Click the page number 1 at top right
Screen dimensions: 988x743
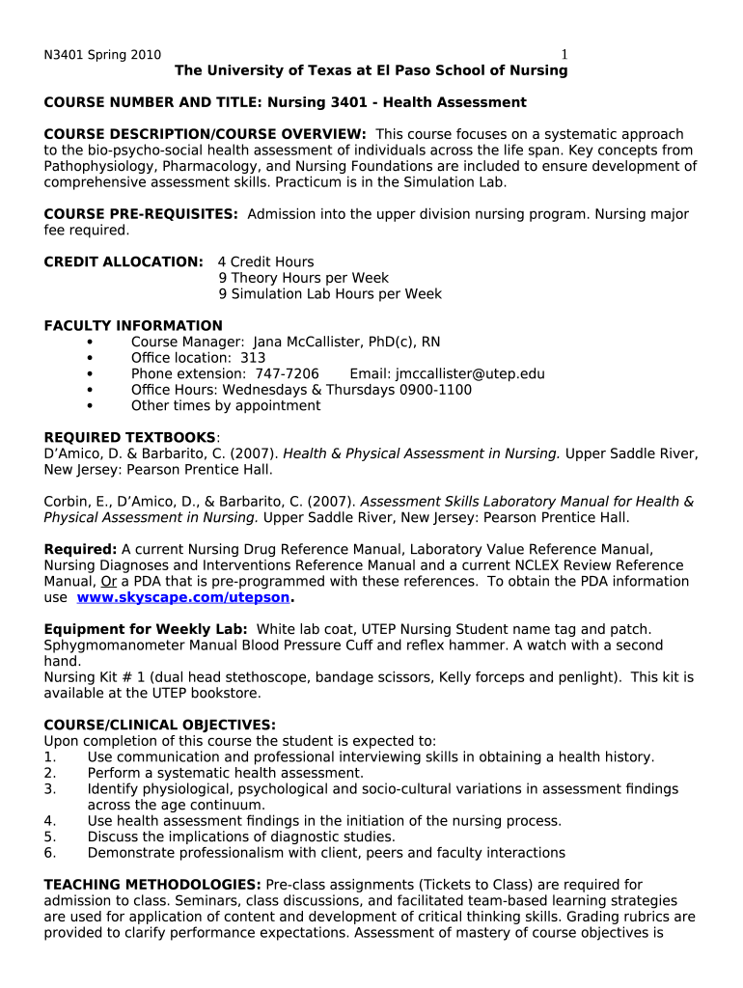point(565,55)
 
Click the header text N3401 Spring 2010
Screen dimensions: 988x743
point(102,55)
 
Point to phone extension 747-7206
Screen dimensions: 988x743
point(287,374)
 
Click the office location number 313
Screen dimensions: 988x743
point(253,358)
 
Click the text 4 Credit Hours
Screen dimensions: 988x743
point(265,262)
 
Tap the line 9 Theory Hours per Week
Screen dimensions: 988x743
point(303,278)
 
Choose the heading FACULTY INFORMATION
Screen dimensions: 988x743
point(133,326)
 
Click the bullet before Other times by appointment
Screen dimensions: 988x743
point(90,406)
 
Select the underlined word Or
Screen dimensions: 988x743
point(109,582)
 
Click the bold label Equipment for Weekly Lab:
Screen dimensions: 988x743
point(146,629)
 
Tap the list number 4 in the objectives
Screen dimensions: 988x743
point(49,821)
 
